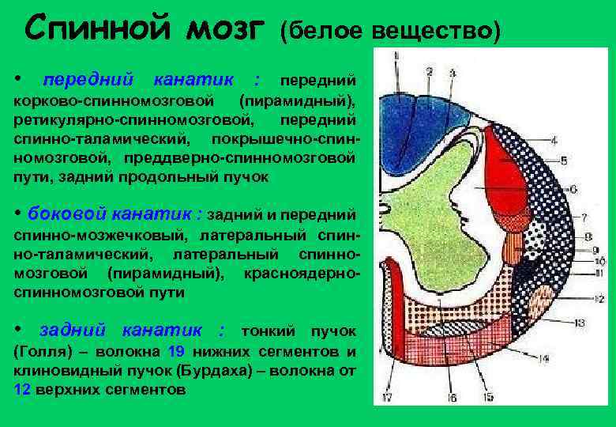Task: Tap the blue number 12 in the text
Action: click(x=23, y=390)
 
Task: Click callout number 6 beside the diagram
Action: click(x=573, y=189)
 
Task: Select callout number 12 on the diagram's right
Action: click(x=598, y=298)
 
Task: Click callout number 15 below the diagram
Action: click(x=487, y=397)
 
